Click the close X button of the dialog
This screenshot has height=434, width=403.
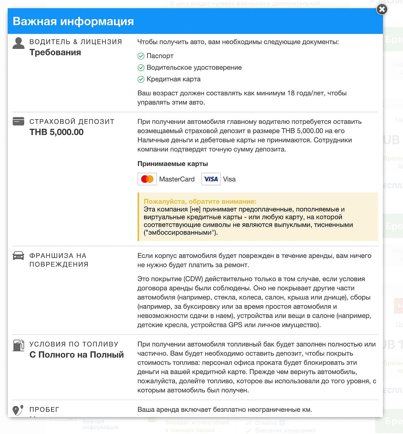point(382,9)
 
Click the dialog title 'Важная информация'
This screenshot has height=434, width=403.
point(73,21)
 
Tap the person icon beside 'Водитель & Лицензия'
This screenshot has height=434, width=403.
point(18,43)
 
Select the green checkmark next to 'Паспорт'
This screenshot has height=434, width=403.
point(141,56)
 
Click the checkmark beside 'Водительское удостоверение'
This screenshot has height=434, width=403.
point(141,68)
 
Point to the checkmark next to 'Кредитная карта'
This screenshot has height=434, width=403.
point(141,79)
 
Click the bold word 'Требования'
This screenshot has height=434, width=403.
point(55,52)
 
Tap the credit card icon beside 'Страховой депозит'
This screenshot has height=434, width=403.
point(18,121)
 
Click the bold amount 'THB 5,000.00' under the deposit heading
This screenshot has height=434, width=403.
point(56,132)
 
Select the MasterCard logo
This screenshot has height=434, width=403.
point(147,179)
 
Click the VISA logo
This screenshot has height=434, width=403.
point(211,179)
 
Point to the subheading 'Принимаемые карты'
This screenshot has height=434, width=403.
point(173,164)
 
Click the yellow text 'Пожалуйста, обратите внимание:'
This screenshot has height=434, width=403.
point(200,202)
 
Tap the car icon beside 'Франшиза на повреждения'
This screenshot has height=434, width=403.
point(18,256)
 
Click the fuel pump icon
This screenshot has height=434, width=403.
point(18,345)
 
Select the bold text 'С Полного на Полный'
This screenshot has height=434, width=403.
point(77,355)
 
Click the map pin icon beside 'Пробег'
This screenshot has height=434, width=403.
point(17,410)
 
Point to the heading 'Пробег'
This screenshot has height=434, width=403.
point(44,409)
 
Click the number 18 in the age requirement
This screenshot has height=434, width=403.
point(291,93)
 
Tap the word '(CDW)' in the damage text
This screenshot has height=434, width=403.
point(193,279)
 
